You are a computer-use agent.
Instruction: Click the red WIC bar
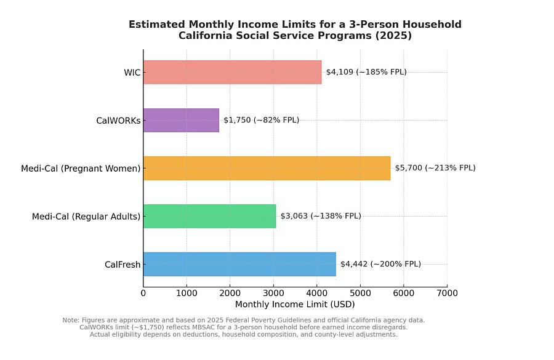click(x=232, y=72)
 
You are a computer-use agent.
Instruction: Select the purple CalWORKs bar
click(x=181, y=120)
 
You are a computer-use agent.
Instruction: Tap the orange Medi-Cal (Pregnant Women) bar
click(x=267, y=168)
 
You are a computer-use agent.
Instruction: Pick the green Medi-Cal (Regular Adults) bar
click(x=209, y=216)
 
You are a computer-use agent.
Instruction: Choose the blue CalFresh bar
click(x=239, y=264)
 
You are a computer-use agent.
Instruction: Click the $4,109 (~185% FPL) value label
click(x=366, y=72)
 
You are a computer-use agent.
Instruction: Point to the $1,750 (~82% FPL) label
click(x=261, y=120)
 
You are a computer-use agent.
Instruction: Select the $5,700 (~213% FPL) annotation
click(x=435, y=168)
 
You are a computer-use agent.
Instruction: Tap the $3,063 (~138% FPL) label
click(x=321, y=216)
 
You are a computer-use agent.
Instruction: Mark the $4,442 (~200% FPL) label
click(x=380, y=264)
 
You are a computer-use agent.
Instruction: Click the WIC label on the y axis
click(x=132, y=73)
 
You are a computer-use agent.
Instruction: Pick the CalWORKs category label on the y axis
click(x=118, y=121)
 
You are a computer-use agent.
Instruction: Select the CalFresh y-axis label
click(x=122, y=265)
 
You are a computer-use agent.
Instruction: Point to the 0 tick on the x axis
click(x=143, y=294)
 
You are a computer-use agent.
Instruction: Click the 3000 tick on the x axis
click(x=273, y=294)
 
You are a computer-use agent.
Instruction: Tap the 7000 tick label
click(x=447, y=294)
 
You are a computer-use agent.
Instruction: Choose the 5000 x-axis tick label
click(x=360, y=294)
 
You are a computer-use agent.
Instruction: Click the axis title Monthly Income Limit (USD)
click(x=295, y=304)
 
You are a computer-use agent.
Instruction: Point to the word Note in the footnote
click(x=70, y=320)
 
